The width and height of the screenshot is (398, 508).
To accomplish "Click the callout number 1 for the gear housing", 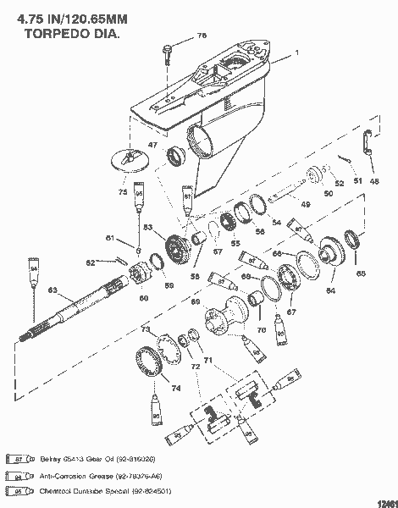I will [296, 52].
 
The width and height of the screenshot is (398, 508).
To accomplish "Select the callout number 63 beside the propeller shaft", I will [53, 291].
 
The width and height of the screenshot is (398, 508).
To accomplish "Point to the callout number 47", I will [153, 146].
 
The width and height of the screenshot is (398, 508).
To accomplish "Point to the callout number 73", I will [145, 329].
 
